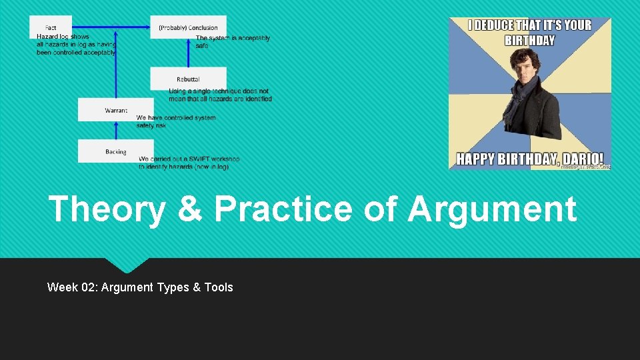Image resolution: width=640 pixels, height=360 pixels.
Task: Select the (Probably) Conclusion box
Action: (188, 27)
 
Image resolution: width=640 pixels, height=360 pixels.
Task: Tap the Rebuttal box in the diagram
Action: (188, 79)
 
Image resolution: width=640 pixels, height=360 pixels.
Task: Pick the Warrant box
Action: (115, 110)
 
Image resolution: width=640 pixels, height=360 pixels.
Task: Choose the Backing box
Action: (115, 151)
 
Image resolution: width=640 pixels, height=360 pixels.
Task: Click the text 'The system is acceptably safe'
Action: (232, 42)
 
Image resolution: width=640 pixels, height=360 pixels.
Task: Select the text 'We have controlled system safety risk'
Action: (175, 121)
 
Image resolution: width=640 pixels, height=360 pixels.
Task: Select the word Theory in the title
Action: (107, 209)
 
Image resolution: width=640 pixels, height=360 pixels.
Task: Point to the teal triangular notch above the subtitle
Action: (127, 264)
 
